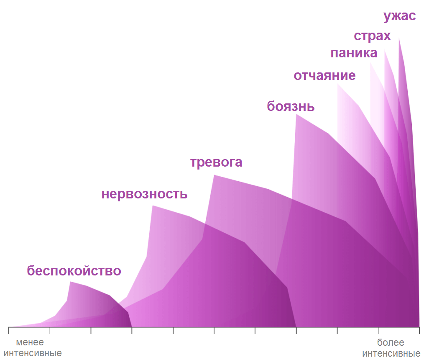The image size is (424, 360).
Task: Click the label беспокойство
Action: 74,271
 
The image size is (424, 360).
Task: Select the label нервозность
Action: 144,195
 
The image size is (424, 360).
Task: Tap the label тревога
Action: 216,162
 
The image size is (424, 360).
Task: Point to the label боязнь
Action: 291,106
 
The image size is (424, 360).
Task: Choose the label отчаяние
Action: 324,76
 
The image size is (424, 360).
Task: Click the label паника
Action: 354,54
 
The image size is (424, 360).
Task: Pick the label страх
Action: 372,36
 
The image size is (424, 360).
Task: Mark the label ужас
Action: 400,17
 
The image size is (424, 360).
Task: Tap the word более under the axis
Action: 391,343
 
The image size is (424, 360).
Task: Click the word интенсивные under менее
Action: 35,353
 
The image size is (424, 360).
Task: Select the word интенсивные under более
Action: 391,353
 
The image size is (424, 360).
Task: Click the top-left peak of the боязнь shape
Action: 296,114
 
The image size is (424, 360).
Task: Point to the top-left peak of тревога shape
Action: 214,175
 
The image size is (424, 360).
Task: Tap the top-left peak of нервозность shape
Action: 153,206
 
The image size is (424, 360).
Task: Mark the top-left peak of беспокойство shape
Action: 70,282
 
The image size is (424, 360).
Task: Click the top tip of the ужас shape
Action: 399,38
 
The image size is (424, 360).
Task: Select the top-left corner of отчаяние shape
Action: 337,84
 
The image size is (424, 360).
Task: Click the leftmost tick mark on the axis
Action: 9,331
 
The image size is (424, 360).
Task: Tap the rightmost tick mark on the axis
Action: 419,331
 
